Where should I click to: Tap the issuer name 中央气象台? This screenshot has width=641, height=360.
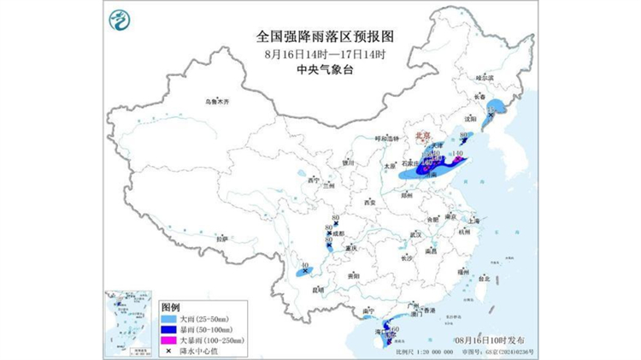click(320, 69)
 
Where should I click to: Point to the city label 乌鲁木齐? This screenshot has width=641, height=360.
click(218, 102)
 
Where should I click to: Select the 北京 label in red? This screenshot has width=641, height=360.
click(422, 135)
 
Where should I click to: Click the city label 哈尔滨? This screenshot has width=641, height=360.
click(485, 78)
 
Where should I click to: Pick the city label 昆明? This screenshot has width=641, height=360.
click(320, 289)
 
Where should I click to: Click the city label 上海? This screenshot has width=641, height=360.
click(474, 221)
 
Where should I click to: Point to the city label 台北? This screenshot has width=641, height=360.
click(485, 279)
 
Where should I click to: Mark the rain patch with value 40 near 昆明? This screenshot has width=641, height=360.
click(306, 273)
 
